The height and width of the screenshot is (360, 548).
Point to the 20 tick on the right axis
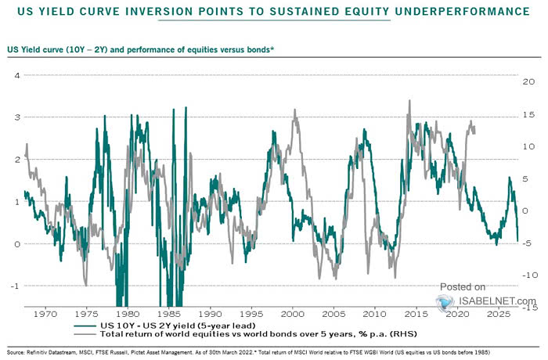coord(529,81)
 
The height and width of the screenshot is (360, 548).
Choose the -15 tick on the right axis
coord(528,308)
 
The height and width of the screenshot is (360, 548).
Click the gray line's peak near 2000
coord(294,110)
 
